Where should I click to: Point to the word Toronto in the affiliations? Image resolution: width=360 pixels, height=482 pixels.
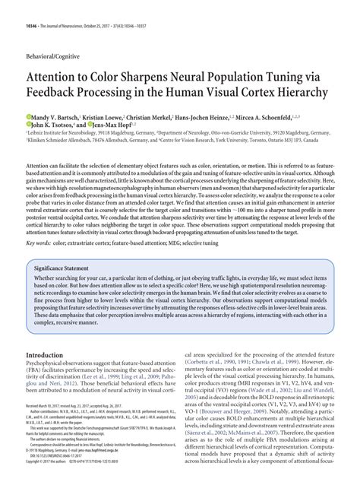273,140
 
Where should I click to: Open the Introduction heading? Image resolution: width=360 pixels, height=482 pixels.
54,334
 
